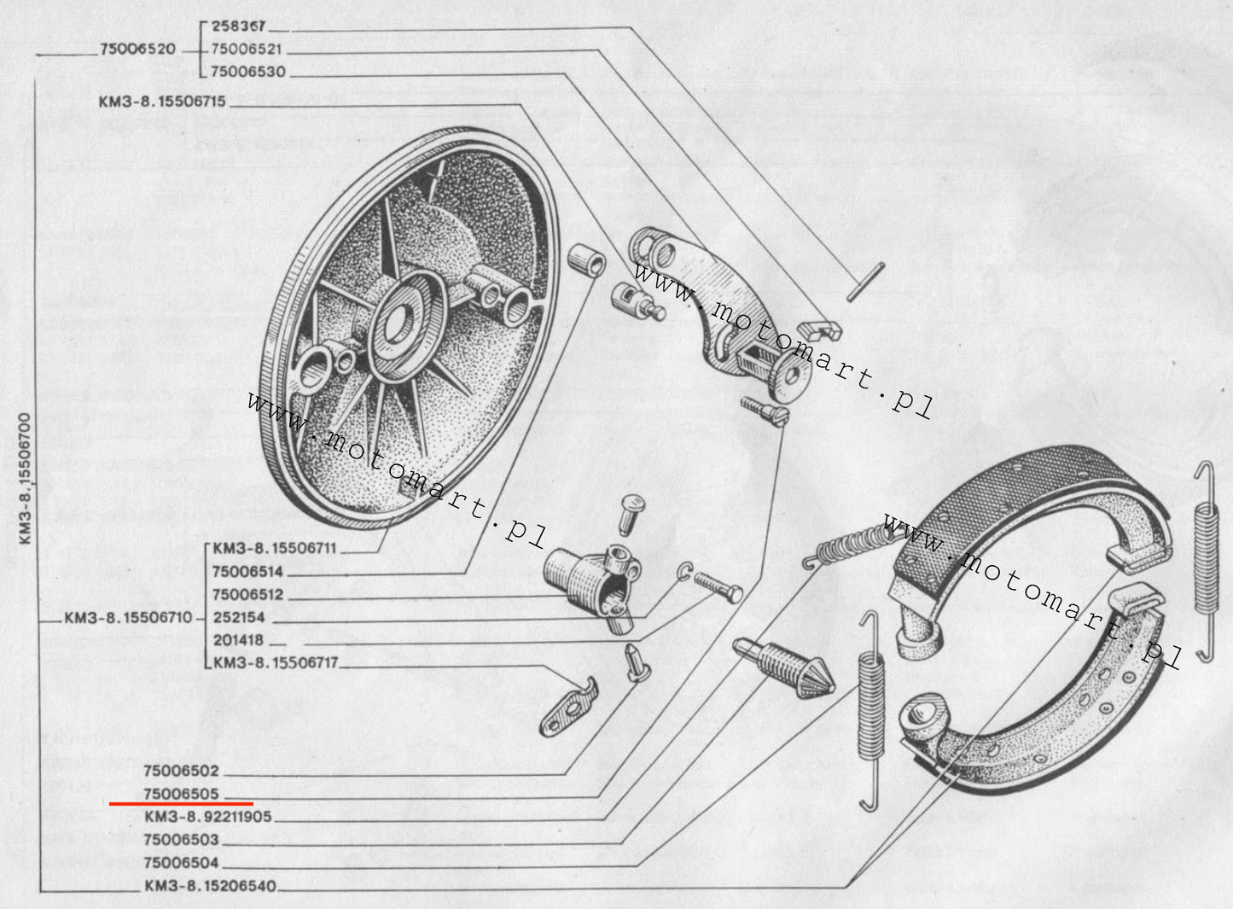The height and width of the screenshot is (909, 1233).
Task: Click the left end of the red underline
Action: pyautogui.click(x=109, y=804)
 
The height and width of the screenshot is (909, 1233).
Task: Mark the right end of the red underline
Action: pyautogui.click(x=253, y=804)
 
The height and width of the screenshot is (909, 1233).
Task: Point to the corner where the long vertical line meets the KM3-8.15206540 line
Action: pyautogui.click(x=40, y=891)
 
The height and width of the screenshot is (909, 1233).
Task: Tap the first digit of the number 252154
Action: pyautogui.click(x=217, y=617)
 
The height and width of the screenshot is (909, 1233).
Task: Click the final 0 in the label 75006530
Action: pyautogui.click(x=281, y=72)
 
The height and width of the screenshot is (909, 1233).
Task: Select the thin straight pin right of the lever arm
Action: pyautogui.click(x=866, y=282)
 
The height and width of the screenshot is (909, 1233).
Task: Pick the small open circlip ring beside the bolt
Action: pyautogui.click(x=684, y=572)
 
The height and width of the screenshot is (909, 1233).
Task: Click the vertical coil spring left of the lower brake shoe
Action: pyautogui.click(x=872, y=710)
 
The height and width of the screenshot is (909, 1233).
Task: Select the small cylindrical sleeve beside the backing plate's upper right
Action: pyautogui.click(x=587, y=259)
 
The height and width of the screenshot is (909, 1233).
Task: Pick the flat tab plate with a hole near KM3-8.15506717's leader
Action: pyautogui.click(x=569, y=708)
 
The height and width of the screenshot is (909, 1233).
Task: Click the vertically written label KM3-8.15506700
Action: pyautogui.click(x=26, y=479)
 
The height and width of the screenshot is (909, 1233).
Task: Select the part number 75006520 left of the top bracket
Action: pyautogui.click(x=137, y=49)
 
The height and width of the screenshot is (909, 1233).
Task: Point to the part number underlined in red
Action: pyautogui.click(x=181, y=794)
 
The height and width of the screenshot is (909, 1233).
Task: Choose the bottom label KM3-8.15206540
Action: pyautogui.click(x=210, y=886)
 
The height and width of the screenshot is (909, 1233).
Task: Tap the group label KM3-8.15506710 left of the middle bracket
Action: pyautogui.click(x=128, y=617)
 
